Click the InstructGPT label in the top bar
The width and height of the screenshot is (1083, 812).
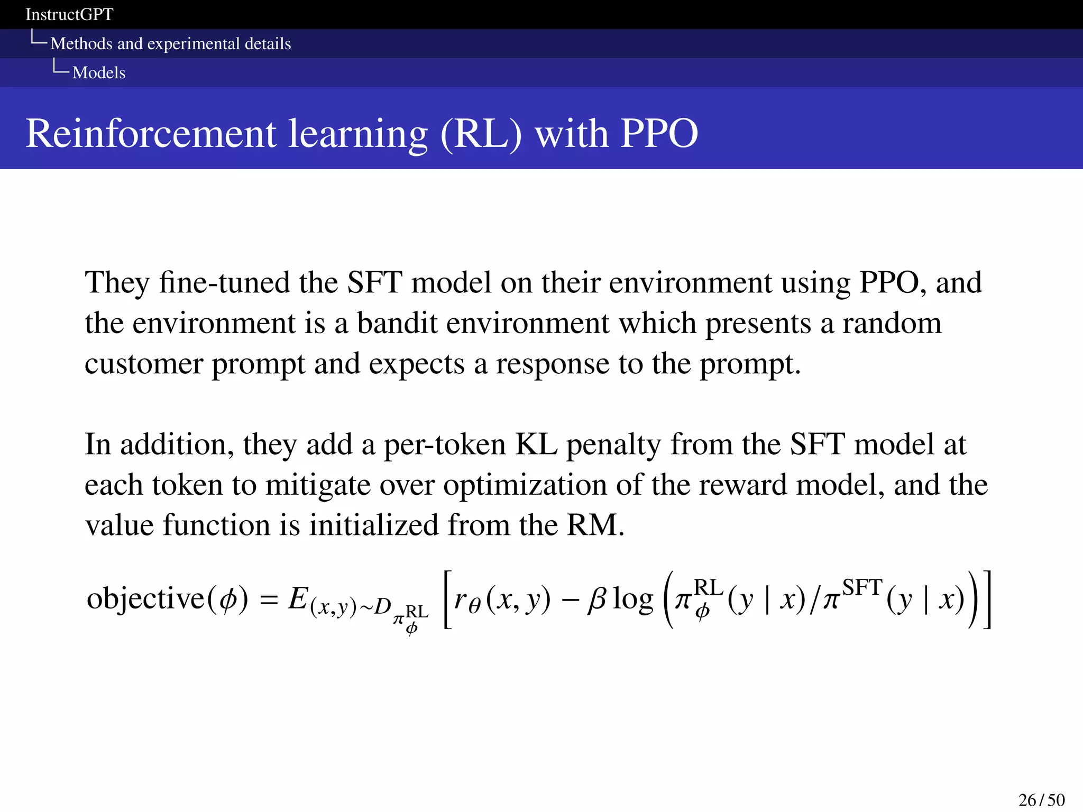tap(69, 14)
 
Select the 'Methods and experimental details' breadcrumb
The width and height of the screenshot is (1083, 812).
tap(170, 43)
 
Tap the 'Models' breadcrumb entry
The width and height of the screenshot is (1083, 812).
tap(99, 72)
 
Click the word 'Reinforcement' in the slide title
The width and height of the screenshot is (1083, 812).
tap(151, 133)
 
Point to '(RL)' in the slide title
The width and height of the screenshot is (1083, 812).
tap(481, 133)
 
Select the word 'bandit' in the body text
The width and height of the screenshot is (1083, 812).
tap(397, 323)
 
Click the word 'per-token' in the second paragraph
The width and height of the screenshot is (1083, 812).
tap(445, 444)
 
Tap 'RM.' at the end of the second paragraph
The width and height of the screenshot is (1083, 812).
tap(595, 525)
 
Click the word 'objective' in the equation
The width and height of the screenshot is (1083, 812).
tap(145, 598)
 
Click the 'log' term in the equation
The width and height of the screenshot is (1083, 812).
tap(633, 600)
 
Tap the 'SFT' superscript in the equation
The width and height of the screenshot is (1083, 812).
tap(862, 587)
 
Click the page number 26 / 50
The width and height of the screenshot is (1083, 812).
tap(1041, 800)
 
